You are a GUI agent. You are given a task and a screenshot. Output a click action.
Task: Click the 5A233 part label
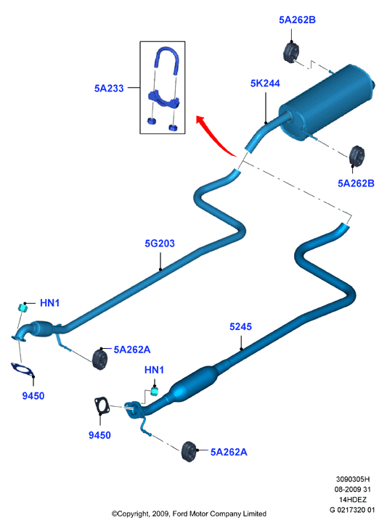coord(109,88)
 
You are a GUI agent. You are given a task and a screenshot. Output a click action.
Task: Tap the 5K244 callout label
coord(265,83)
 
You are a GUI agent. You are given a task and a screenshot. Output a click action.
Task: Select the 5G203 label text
coord(160,243)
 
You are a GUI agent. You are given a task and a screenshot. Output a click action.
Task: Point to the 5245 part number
coord(241,326)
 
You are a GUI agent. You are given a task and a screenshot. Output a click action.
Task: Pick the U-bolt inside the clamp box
coord(166,60)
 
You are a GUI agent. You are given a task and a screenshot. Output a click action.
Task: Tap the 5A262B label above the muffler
coord(298,20)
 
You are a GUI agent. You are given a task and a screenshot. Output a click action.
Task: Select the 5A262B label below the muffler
coord(356,183)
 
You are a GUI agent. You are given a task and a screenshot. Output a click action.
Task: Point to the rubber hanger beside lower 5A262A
coord(189,451)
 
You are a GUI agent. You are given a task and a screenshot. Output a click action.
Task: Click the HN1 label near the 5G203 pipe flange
coord(50,302)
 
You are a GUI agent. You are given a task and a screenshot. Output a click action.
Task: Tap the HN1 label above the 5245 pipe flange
coord(154,370)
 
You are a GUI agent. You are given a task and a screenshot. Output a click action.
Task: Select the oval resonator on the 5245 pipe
coord(193,384)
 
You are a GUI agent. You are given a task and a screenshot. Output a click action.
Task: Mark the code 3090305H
coord(353,479)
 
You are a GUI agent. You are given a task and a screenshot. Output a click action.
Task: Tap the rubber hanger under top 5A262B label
coord(291,52)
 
